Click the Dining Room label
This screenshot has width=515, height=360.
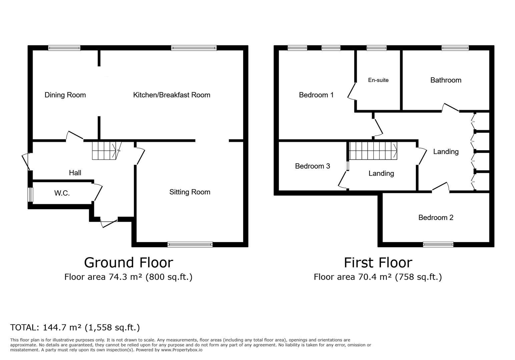point(65,95)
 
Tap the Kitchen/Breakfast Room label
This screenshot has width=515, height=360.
point(171,95)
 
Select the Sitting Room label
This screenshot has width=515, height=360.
point(189,192)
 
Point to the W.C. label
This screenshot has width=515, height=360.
point(62,193)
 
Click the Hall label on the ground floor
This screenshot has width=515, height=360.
point(75,173)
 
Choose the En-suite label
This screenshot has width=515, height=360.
point(378,80)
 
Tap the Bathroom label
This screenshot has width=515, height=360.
point(446,80)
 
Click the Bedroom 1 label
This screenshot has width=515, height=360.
point(316,95)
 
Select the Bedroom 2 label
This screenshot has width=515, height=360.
point(436,218)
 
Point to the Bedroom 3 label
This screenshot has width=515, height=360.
point(312,166)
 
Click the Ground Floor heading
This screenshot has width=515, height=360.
point(128,263)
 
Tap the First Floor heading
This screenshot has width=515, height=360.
point(378,263)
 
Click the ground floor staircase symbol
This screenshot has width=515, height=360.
point(104,150)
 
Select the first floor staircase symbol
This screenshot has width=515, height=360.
point(373,151)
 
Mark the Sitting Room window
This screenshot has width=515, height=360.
point(190,245)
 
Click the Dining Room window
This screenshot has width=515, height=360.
point(64,48)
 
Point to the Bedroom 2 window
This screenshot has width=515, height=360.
point(438,245)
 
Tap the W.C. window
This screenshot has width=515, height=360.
point(30,195)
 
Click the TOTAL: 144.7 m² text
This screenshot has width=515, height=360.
point(75,327)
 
